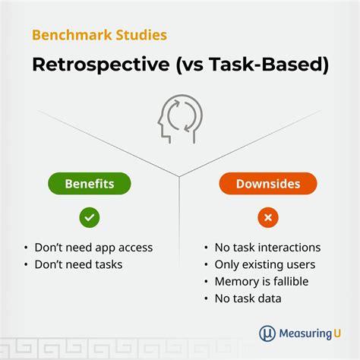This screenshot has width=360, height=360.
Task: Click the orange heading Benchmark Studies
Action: tap(99, 35)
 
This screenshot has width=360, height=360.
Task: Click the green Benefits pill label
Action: tap(90, 184)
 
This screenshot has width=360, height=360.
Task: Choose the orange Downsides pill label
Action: tap(268, 184)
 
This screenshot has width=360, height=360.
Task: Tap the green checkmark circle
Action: tap(90, 217)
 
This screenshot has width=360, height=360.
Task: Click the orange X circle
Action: tap(268, 217)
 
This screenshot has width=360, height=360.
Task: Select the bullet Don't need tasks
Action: tap(78, 264)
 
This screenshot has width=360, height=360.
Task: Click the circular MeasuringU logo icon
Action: tap(267, 333)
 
